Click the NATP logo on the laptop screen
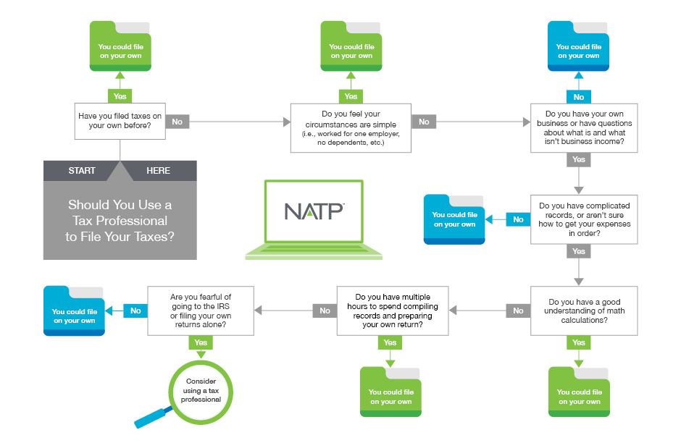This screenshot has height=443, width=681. pos(314,211)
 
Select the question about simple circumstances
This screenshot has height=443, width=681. pos(351,127)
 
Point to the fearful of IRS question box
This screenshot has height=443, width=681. pos(200,309)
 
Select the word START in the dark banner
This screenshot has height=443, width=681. pos(82,171)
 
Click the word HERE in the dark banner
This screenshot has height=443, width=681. pos(158,171)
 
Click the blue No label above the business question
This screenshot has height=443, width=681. pos(579,97)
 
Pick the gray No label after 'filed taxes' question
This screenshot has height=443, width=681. pos(177,122)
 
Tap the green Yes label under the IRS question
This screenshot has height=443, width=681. pos(201,343)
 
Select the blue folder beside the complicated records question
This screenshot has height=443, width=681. pos(454,219)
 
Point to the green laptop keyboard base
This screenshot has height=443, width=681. pos(314,253)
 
